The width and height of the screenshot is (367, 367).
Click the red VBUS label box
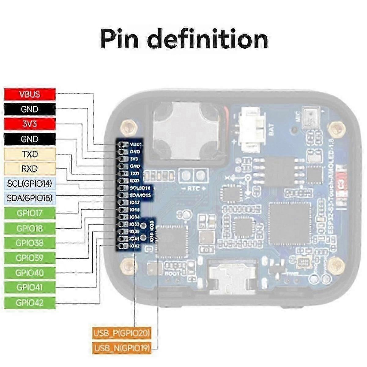[30, 94]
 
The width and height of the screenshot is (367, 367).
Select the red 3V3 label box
[30, 124]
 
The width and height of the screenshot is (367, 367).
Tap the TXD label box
[30, 154]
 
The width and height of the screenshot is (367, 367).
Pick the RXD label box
[30, 169]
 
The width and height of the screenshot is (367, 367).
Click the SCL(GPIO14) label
[30, 183]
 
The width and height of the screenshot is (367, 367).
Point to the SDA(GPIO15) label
[30, 198]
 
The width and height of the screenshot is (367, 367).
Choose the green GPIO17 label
[30, 213]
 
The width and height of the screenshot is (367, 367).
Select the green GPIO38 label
[30, 243]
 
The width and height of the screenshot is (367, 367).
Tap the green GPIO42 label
[30, 302]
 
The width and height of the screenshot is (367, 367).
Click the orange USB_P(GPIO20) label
[122, 333]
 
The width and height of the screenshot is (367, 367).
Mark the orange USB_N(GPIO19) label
[122, 348]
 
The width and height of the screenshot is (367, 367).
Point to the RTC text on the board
[193, 188]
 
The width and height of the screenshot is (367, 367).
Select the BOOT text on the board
[170, 273]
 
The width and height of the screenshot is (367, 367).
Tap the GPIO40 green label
[30, 272]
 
